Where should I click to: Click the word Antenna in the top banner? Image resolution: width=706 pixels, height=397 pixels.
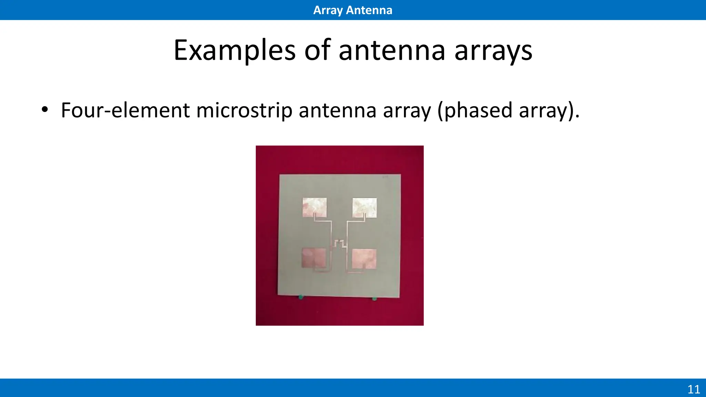[x=369, y=10]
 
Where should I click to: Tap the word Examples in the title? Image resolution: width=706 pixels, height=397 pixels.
[x=234, y=51]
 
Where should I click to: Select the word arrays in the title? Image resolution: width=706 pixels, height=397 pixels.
[x=493, y=51]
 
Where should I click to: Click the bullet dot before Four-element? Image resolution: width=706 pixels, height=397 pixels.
[x=44, y=110]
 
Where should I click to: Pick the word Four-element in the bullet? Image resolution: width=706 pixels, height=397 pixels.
[x=125, y=110]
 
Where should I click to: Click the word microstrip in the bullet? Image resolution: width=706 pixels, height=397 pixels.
[x=244, y=110]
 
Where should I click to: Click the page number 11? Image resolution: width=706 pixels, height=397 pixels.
[x=694, y=389]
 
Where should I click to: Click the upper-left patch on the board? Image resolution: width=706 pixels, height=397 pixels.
[x=314, y=207]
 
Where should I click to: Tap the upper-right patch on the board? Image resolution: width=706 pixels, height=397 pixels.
[x=364, y=207]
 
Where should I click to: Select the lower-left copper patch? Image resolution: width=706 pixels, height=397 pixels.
[x=314, y=258]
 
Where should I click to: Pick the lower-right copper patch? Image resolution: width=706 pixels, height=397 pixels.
[x=364, y=258]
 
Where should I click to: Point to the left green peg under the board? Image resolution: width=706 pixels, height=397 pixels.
[x=301, y=297]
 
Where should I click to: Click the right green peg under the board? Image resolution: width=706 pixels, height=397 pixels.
[x=375, y=298]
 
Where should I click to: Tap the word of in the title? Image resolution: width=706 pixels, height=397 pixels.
[x=317, y=51]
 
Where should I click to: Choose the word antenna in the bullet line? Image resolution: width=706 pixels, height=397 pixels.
[x=337, y=110]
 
